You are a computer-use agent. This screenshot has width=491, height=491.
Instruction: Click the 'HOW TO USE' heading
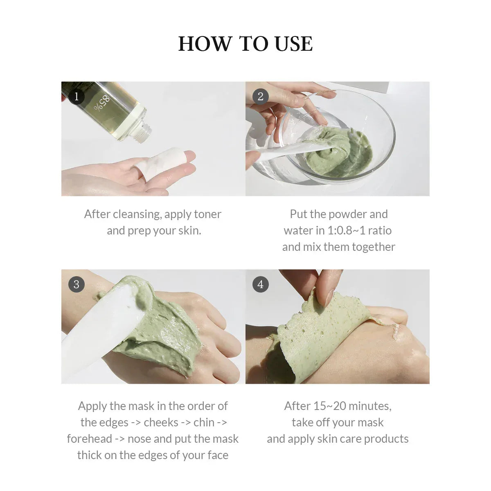tap(245, 44)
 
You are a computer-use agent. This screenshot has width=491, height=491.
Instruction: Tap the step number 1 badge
tap(76, 97)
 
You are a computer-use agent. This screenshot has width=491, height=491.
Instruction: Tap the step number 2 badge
tap(260, 97)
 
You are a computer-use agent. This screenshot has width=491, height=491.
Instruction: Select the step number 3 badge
tap(76, 284)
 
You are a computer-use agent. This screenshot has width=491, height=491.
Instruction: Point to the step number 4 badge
tap(260, 284)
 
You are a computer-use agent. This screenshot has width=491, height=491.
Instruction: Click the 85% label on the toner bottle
tap(102, 103)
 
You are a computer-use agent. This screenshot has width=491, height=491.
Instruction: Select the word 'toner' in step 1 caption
tap(207, 214)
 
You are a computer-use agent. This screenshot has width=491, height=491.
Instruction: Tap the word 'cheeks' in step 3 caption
tap(161, 422)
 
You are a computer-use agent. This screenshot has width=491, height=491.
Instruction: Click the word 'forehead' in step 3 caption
tap(89, 439)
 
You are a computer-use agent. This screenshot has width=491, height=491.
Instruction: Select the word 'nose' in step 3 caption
tap(139, 439)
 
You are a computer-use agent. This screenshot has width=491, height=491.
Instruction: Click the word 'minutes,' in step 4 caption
tap(370, 406)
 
